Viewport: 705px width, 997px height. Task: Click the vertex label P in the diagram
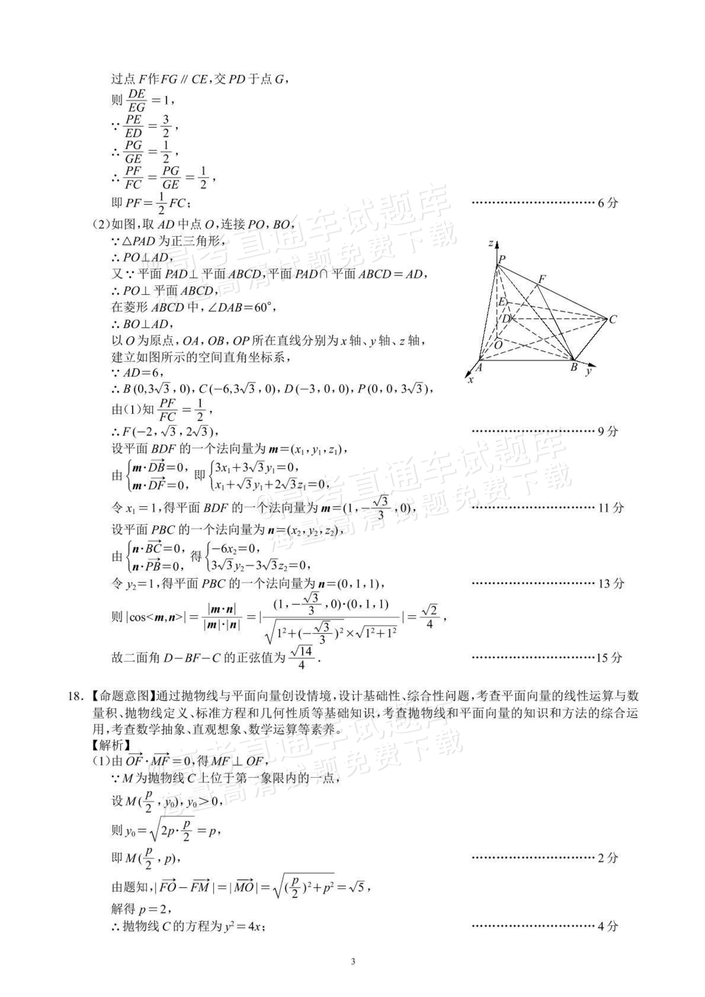[x=502, y=259]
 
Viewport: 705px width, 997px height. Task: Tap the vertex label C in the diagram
[x=613, y=320]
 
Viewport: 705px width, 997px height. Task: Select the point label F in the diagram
[x=542, y=278]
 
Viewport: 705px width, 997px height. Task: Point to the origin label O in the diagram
[x=498, y=345]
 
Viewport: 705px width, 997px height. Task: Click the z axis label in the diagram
[x=490, y=243]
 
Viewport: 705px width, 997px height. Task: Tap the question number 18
[x=73, y=696]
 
